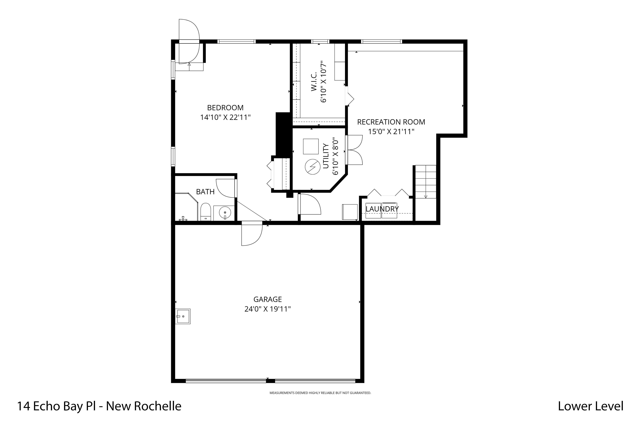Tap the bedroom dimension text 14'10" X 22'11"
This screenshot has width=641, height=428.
pyautogui.click(x=225, y=117)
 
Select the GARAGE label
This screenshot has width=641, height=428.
pyautogui.click(x=268, y=299)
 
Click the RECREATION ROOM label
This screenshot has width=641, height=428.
pyautogui.click(x=391, y=122)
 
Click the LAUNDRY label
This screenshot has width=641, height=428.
pyautogui.click(x=382, y=209)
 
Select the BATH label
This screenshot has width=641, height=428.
pyautogui.click(x=205, y=192)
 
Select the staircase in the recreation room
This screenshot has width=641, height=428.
pyautogui.click(x=425, y=181)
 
